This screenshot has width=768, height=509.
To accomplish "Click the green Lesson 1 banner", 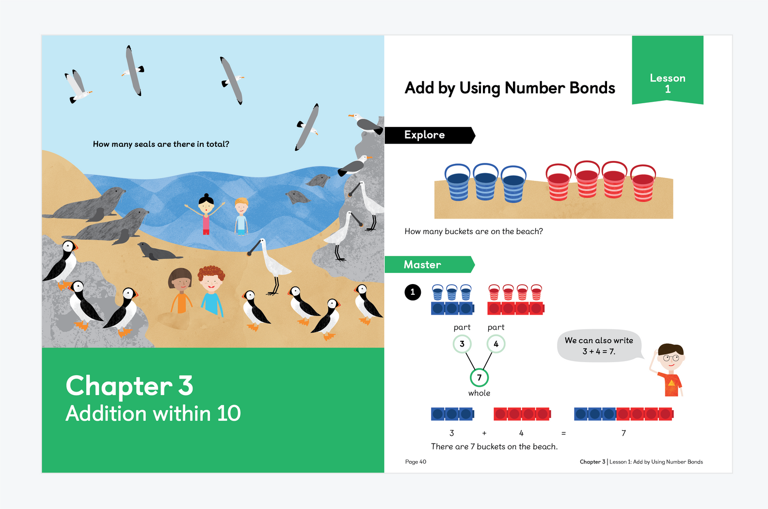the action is click(668, 70).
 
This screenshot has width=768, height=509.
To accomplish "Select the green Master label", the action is click(429, 265).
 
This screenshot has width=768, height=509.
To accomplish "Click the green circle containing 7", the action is click(479, 377).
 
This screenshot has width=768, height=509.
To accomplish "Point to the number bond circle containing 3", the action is click(462, 344).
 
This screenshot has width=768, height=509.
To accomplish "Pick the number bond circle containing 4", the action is click(496, 344).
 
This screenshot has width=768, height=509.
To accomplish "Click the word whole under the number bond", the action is click(479, 393).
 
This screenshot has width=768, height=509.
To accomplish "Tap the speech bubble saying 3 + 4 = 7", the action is click(599, 346).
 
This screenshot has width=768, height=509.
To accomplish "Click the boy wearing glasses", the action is click(669, 370).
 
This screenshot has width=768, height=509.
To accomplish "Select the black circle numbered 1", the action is click(413, 292).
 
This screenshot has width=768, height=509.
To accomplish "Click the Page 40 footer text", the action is click(416, 461).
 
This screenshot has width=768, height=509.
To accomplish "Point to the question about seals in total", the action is click(161, 144).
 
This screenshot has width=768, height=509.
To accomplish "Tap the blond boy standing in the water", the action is click(241, 216).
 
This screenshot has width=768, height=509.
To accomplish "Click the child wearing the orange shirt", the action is click(180, 291).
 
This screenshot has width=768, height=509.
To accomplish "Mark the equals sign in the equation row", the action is click(563, 433).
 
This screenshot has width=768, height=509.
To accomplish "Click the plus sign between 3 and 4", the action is click(484, 433).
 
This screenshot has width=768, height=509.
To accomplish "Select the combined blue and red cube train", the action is click(624, 414).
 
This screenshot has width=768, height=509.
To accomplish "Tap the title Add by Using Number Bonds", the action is click(510, 88).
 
